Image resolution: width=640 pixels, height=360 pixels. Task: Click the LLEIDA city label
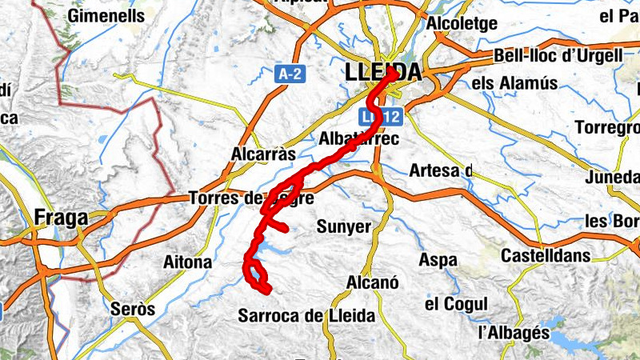(383, 72)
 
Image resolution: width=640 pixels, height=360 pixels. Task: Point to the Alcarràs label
(263, 154)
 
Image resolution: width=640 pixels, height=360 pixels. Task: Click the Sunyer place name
(344, 226)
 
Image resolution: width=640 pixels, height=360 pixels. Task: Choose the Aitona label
(187, 262)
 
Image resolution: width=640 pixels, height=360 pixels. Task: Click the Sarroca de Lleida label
(306, 316)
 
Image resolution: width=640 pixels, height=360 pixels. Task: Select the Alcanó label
(373, 282)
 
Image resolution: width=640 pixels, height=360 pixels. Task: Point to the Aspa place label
(438, 260)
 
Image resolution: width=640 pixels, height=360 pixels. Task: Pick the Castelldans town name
(545, 256)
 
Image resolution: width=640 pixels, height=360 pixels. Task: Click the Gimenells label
(107, 15)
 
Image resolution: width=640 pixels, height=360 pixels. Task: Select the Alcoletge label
(462, 24)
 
